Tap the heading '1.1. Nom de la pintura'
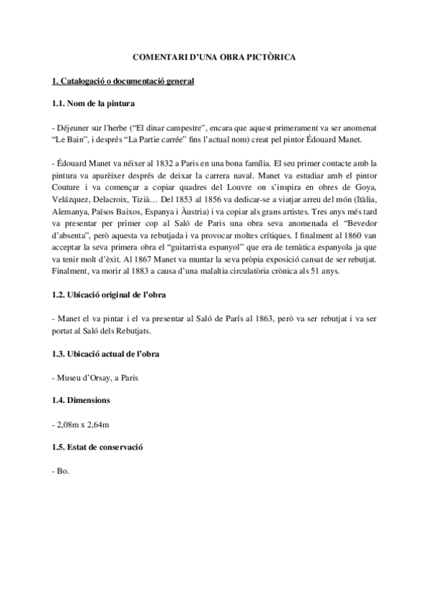point(90,105)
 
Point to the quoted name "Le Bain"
point(71,139)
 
